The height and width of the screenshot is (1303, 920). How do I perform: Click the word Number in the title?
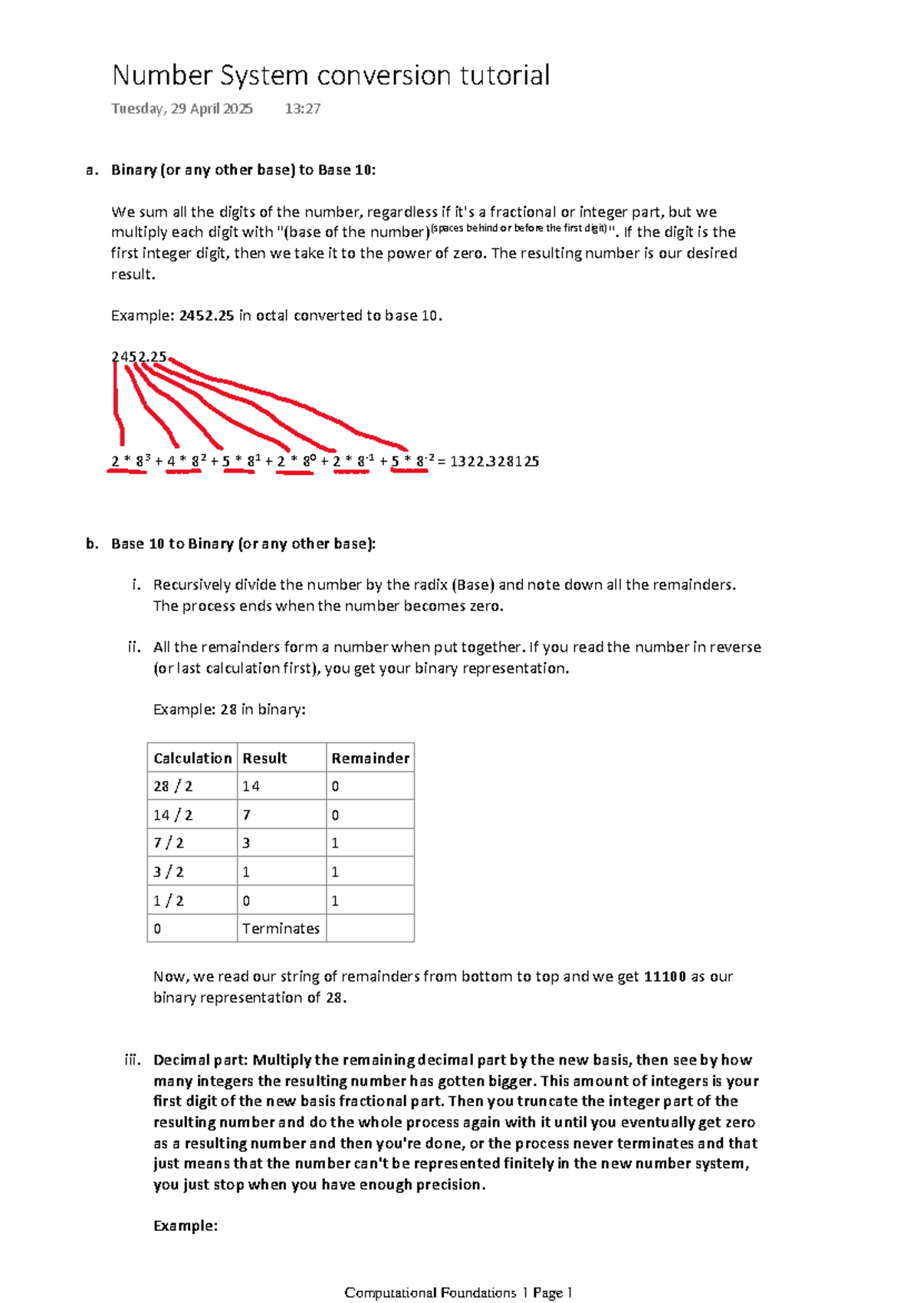[x=162, y=75]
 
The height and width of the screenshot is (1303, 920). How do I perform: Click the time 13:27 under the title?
[x=302, y=109]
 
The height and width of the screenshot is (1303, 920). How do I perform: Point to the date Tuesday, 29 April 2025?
[x=182, y=109]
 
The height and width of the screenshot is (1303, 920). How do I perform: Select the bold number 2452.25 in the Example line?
[x=206, y=315]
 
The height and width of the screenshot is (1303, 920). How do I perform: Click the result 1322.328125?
[x=494, y=462]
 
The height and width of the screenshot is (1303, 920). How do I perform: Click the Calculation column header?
[x=192, y=758]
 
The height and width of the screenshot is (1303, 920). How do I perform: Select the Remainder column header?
[x=370, y=758]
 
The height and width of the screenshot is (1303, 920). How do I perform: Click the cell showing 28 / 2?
[x=173, y=787]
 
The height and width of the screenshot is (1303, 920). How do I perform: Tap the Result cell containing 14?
[x=251, y=787]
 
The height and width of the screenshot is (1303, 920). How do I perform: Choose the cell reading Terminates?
[x=281, y=929]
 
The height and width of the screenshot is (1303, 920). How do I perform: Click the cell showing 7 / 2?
[x=169, y=844]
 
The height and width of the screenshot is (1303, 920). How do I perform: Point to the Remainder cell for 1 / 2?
[x=335, y=900]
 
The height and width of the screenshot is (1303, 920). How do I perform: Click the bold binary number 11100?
[x=665, y=977]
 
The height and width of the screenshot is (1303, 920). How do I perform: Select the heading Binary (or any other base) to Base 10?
[x=244, y=170]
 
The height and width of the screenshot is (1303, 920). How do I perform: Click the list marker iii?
[x=133, y=1060]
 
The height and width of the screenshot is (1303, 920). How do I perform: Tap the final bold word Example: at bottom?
[x=186, y=1226]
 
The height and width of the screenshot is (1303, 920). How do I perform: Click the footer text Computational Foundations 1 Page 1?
[x=458, y=1293]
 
